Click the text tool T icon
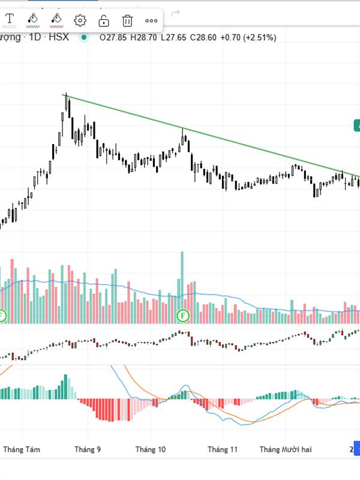coord(10,20)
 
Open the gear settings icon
coord(80,21)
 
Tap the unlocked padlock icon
coord(103,21)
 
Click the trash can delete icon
coord(127,21)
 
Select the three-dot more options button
coord(151,21)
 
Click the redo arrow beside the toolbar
coord(175,13)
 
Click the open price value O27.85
coord(113,37)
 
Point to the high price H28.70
coord(143,37)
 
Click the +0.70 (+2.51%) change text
coord(248,37)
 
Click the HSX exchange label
coord(59,37)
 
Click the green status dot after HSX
coord(83,37)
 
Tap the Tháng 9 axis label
coord(88,449)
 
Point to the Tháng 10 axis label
coord(151,449)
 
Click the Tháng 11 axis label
coord(223,449)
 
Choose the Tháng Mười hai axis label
coord(286,449)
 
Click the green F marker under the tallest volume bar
coord(182,315)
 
